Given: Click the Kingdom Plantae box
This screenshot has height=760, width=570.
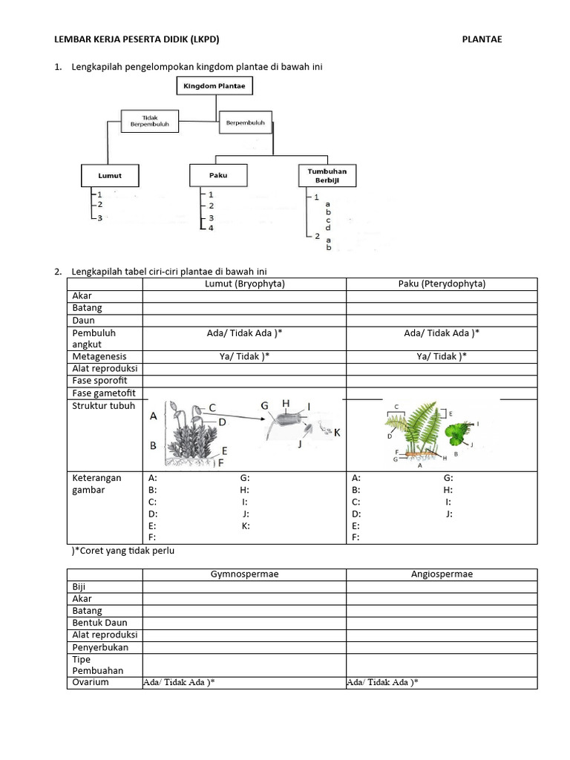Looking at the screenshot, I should (214, 86).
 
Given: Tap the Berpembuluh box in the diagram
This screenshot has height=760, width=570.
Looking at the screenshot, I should (245, 122).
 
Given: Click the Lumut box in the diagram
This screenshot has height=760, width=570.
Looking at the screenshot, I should (109, 176).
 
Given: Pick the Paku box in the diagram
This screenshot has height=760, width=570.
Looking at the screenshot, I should (217, 176).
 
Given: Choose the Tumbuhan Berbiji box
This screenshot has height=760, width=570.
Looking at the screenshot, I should (327, 176).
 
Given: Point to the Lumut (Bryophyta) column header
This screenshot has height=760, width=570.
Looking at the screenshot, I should (244, 284).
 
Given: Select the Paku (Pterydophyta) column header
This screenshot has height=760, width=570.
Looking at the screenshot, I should (441, 284).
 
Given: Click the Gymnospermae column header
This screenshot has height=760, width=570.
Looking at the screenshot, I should (244, 574).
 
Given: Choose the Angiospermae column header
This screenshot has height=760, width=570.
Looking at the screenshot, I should (442, 574).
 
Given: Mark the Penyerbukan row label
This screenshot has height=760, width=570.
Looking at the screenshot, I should (100, 647).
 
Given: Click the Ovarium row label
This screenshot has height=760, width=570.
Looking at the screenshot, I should (91, 682).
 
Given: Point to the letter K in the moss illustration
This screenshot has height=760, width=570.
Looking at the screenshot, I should (336, 433).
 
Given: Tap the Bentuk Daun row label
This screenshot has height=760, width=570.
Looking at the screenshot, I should (100, 623).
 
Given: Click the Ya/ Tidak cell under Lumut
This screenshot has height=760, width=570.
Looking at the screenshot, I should (244, 356).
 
